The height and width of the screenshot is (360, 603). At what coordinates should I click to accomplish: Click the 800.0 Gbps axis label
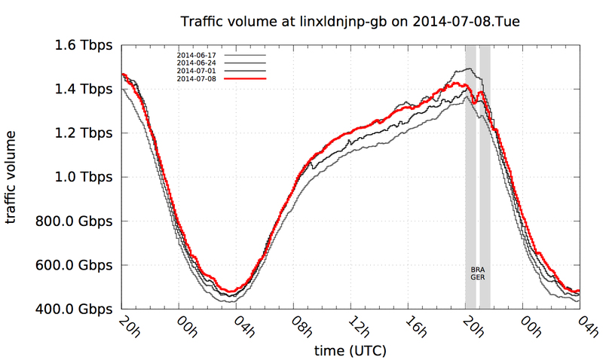[x=73, y=221]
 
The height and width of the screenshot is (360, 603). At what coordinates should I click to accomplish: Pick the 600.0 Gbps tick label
[x=73, y=265]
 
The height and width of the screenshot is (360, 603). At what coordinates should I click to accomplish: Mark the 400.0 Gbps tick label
[x=73, y=310]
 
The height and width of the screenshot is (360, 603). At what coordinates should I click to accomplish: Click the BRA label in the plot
[x=477, y=269]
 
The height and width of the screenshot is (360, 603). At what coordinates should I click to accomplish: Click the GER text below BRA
[x=477, y=277]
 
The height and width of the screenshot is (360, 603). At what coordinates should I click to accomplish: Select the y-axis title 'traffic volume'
[x=13, y=177]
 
